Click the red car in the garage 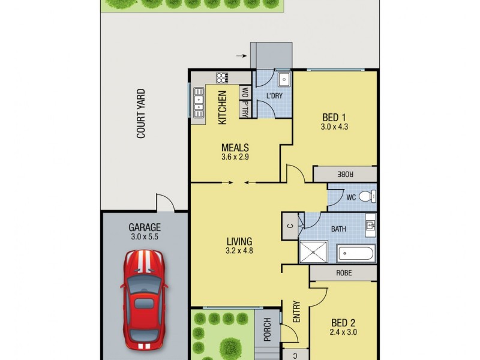144,299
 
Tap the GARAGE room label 145,227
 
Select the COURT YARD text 142,114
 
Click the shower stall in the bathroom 313,252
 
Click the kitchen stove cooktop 222,77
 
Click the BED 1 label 334,117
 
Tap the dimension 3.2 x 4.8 239,251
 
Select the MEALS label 235,148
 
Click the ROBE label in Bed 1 344,174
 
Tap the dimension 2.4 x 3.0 343,331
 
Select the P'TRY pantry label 245,109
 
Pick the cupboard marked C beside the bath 290,226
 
